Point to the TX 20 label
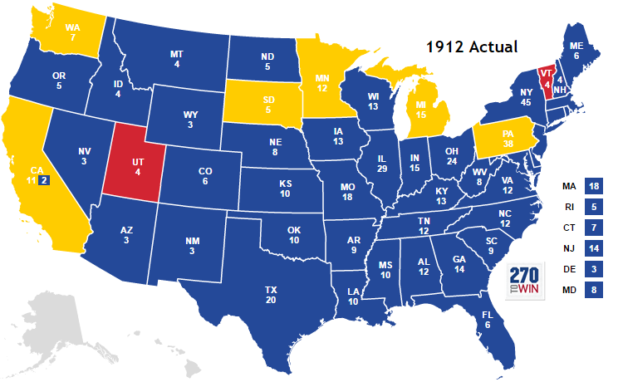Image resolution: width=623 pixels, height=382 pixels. click(271, 295)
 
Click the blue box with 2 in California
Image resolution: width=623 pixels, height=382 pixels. click(45, 179)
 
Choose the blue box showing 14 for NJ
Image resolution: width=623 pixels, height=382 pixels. click(594, 248)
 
